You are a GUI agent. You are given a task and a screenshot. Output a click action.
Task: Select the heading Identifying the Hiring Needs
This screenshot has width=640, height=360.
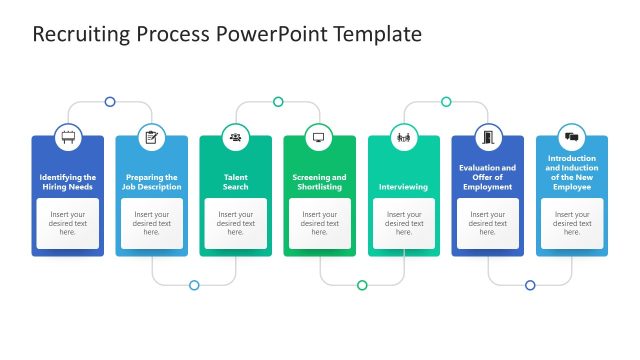pos(68,182)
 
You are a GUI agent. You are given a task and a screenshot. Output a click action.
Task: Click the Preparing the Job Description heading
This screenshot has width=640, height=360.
pos(152,182)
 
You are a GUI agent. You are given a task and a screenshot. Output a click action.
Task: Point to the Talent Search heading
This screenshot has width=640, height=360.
pos(236,182)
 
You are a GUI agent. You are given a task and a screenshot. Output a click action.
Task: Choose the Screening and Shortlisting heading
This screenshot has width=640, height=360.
pos(320,182)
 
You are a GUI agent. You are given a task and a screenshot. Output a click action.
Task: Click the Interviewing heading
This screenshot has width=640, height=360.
pos(403,187)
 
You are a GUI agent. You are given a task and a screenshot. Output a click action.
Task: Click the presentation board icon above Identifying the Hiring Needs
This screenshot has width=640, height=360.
pos(68,137)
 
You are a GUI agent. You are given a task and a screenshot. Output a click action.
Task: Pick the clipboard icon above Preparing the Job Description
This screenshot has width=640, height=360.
pos(152,137)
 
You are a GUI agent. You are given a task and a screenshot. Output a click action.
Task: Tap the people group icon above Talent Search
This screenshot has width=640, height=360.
pos(236,137)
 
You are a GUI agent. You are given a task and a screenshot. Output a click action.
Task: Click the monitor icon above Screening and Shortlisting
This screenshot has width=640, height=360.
pos(320,137)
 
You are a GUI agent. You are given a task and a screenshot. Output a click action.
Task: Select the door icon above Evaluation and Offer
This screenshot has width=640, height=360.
pos(487,137)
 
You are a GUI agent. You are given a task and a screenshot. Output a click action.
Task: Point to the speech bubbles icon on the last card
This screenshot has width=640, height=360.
pos(571,137)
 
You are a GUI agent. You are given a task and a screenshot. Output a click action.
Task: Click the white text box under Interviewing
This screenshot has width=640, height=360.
pos(403,223)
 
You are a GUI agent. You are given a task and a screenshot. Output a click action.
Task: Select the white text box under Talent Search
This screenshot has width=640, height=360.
pos(236,223)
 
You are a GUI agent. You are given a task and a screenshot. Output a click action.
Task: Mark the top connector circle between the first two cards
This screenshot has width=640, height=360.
pos(110,102)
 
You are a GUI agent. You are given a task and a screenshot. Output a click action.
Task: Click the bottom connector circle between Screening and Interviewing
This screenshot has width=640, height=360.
pos(362,285)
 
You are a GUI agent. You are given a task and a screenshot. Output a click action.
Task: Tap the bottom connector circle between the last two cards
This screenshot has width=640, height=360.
pos(530,285)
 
